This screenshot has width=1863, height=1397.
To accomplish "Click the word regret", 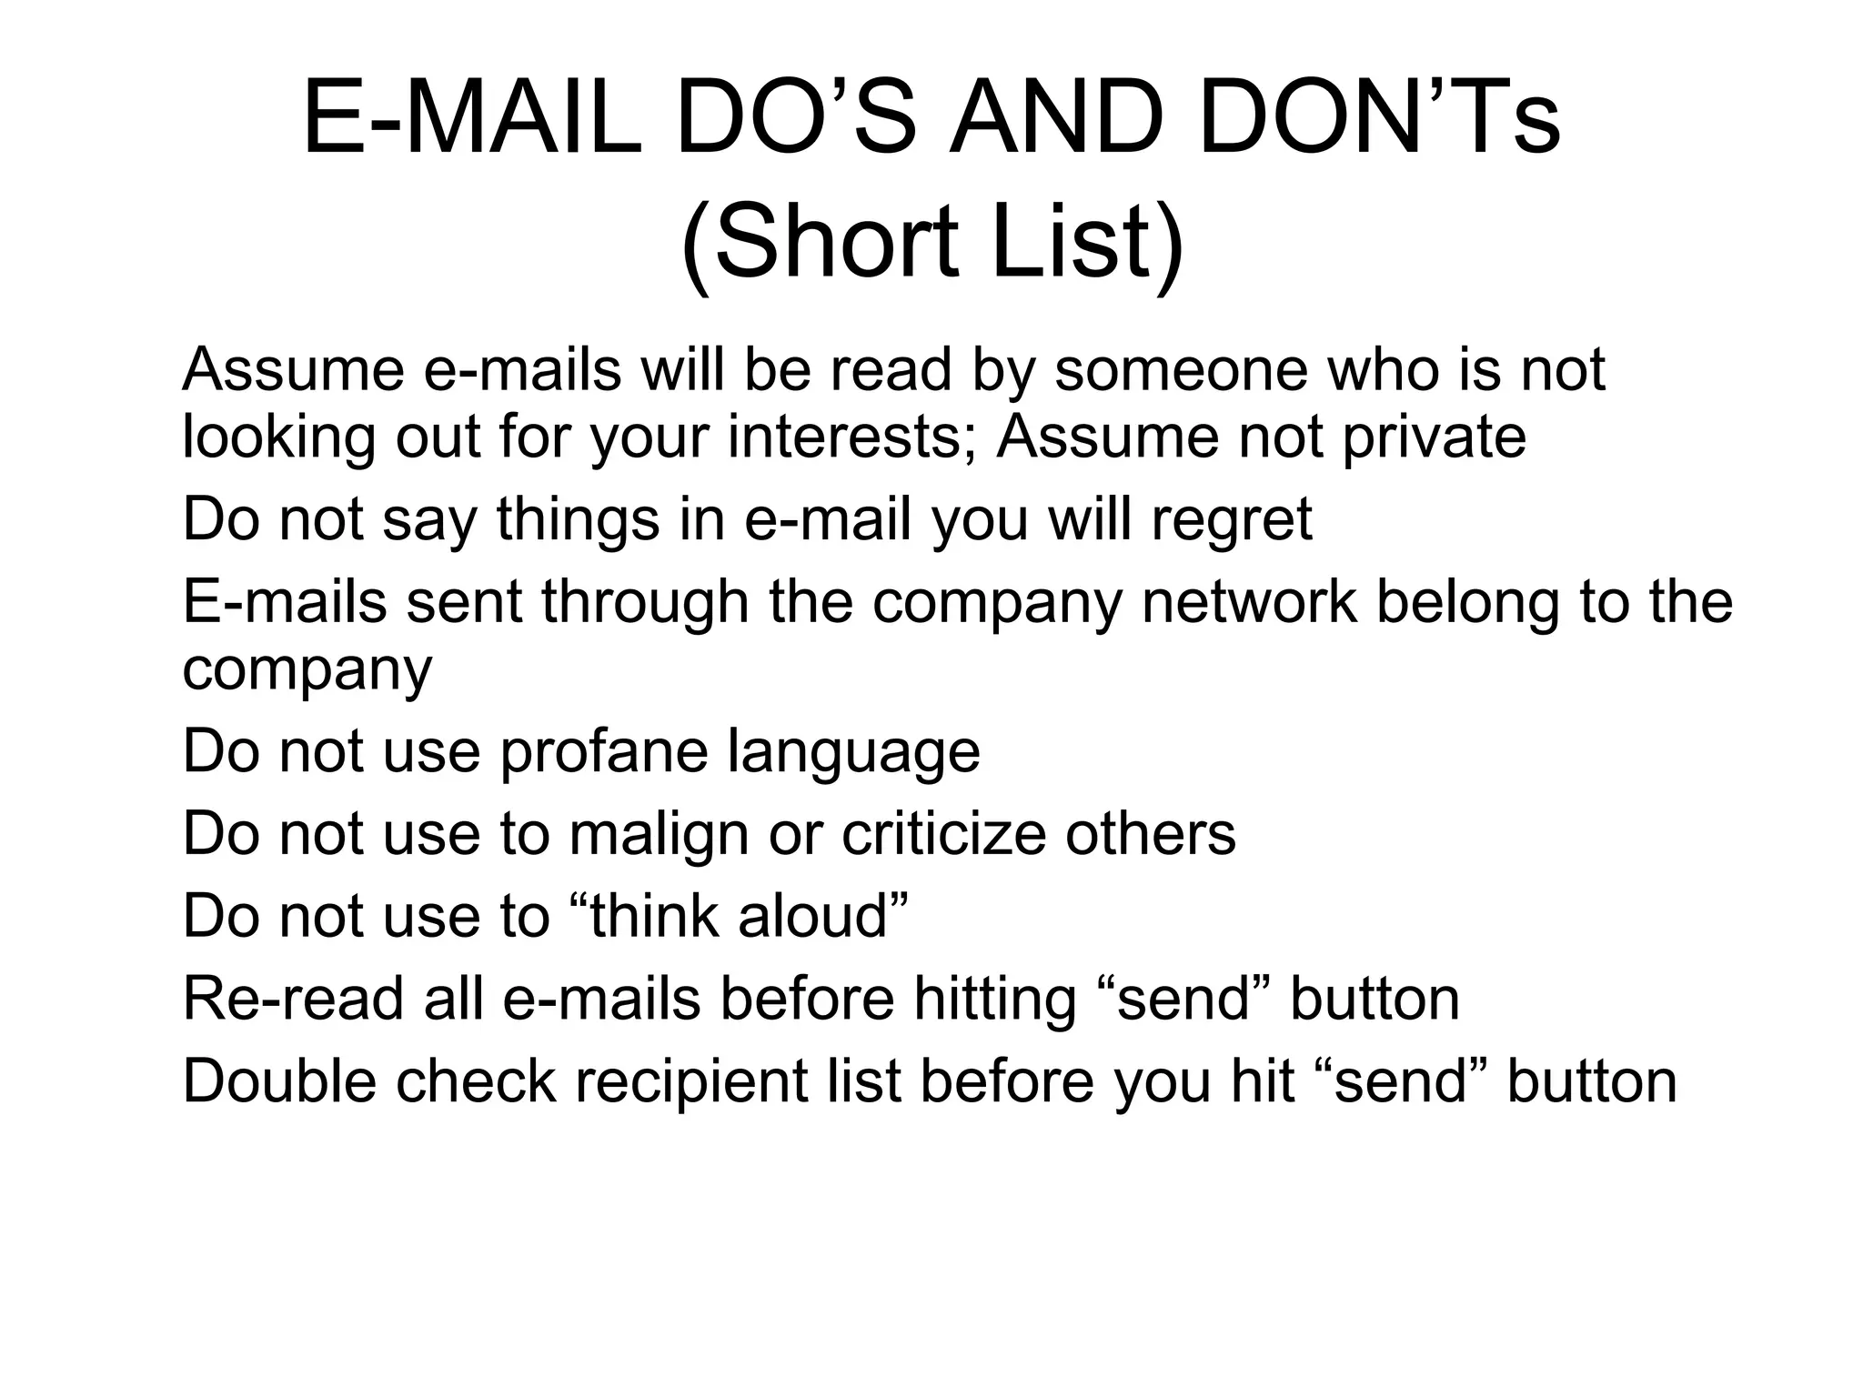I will (x=1232, y=521).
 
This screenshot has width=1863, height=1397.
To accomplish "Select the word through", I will (x=645, y=603).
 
